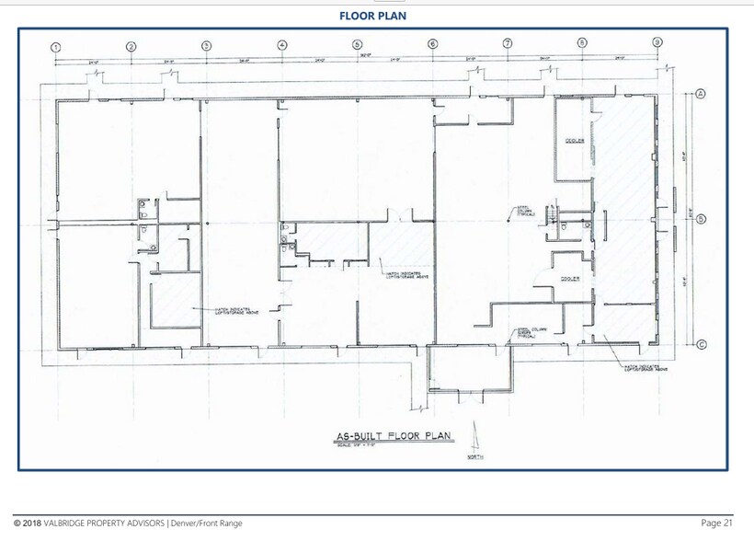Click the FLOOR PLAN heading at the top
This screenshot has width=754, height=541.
372,16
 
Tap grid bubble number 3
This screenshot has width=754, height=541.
206,45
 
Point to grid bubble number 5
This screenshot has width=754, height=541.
357,44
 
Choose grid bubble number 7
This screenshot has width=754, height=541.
507,43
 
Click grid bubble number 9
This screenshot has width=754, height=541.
657,42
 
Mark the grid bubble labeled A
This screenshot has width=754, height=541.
700,95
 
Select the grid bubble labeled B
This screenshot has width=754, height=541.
701,219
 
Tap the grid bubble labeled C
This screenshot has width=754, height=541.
701,345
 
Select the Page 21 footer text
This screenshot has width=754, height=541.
716,523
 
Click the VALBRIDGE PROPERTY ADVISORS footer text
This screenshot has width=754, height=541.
128,523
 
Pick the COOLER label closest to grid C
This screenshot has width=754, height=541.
570,278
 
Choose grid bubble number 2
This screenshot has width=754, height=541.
131,46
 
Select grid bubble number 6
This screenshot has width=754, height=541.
431,44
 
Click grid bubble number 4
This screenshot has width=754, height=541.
281,45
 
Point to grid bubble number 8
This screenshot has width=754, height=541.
581,42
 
